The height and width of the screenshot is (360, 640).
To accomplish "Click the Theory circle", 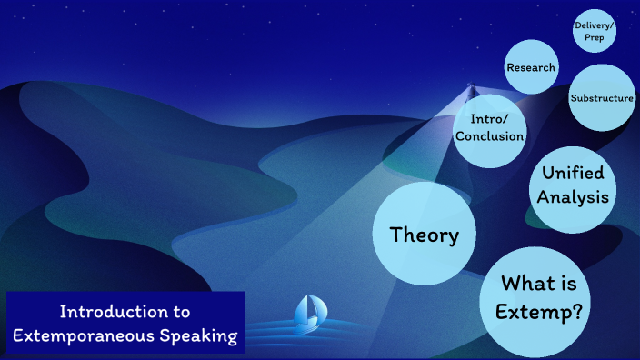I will click(x=424, y=235).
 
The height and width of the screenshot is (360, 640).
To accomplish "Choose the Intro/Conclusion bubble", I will click(x=491, y=128).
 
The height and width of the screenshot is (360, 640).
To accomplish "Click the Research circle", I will click(x=531, y=68).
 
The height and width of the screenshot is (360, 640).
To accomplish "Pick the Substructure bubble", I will click(x=601, y=98).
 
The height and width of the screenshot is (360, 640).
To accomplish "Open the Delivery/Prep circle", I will click(x=595, y=33).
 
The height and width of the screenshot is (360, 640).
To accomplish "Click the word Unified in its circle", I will click(x=573, y=173).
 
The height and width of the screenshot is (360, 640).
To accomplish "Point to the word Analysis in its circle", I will click(x=573, y=196).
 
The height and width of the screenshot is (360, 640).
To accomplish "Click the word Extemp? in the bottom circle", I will click(x=539, y=312).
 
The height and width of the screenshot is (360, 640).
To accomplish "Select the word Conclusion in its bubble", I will click(x=491, y=136).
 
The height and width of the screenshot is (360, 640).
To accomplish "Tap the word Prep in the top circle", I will click(x=595, y=39).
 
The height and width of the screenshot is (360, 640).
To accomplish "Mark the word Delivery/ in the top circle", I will click(x=595, y=26).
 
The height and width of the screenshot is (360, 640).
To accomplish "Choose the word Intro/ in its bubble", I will click(x=491, y=119).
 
